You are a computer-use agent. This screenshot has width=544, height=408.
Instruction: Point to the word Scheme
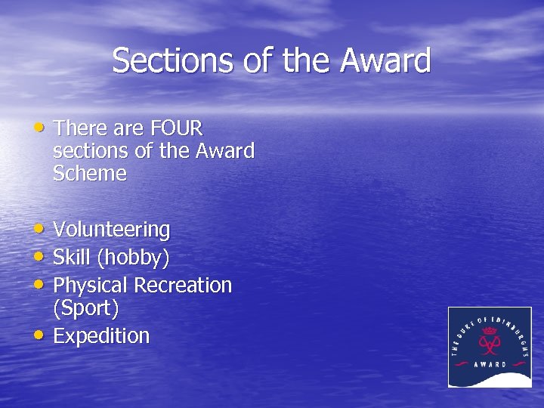click(90, 174)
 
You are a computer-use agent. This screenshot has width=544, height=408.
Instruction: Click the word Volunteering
click(112, 230)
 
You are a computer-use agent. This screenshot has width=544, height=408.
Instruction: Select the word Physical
click(91, 286)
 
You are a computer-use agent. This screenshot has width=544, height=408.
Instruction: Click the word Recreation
click(183, 286)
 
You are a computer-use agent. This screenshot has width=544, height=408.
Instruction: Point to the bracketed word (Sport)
click(86, 308)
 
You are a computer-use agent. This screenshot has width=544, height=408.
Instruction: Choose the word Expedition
click(102, 336)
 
